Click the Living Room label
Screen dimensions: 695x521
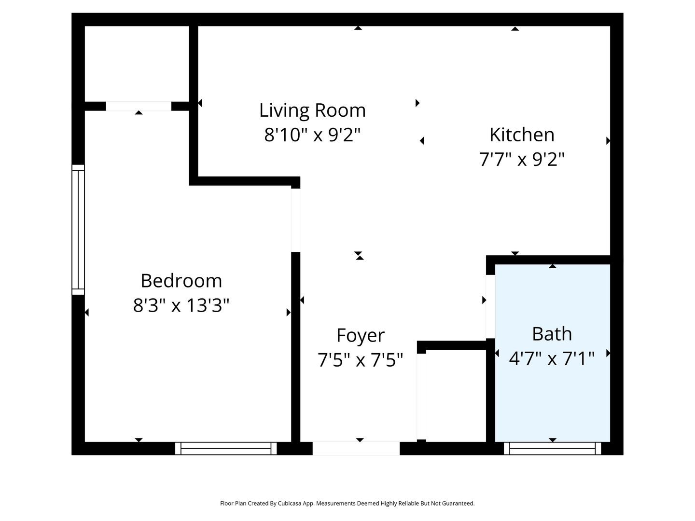312,110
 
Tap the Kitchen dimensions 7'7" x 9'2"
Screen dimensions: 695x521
521,159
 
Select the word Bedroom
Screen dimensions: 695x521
181,281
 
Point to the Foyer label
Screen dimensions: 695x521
361,336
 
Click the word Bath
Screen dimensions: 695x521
552,334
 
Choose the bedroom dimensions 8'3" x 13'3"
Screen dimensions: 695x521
181,305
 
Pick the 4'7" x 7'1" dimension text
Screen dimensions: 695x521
552,358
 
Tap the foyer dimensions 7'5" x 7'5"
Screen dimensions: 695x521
360,360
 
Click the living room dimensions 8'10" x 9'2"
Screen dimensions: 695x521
312,135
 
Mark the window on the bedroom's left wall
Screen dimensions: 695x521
78,230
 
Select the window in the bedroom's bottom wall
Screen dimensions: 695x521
226,448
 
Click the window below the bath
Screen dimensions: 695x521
552,448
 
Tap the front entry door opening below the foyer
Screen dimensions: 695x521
356,448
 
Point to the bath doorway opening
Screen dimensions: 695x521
490,306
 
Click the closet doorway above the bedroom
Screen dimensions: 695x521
139,106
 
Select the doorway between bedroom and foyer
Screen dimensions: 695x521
295,220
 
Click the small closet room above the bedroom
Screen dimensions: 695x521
137,64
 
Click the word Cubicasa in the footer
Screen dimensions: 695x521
290,503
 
